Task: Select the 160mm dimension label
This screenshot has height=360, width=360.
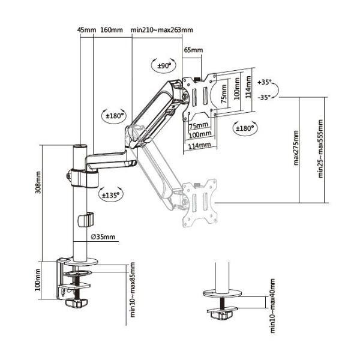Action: click(112, 30)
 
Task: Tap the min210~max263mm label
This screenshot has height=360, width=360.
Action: click(162, 30)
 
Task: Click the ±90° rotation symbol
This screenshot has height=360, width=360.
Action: click(164, 65)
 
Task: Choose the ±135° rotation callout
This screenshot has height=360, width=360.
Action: click(110, 196)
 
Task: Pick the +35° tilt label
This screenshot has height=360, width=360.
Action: click(265, 82)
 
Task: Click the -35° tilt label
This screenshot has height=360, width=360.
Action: click(265, 97)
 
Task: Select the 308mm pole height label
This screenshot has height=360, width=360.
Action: click(38, 182)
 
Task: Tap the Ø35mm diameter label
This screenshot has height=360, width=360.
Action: click(103, 237)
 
